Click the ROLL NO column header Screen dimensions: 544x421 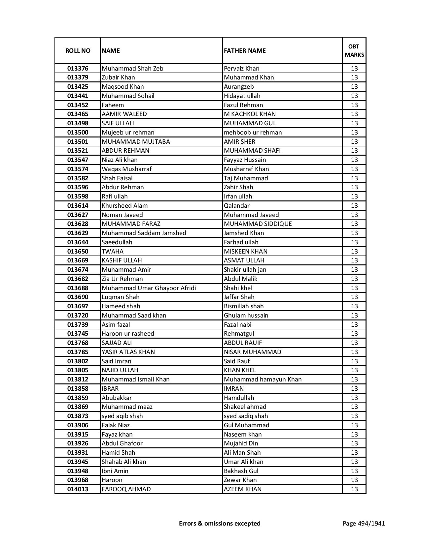(78, 50)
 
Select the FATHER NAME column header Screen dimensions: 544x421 (245, 50)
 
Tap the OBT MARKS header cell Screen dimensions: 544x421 (354, 50)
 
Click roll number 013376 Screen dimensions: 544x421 (78, 69)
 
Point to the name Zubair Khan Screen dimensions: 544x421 (118, 77)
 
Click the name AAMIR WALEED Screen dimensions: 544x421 (124, 114)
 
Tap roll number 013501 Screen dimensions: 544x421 (78, 141)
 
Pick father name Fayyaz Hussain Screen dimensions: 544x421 (245, 160)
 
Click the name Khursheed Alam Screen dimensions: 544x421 (124, 206)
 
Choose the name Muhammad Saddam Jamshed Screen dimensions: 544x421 (144, 233)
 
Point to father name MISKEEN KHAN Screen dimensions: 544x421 (246, 252)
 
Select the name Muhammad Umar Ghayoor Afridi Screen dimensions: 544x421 (149, 288)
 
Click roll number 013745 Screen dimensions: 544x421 (78, 334)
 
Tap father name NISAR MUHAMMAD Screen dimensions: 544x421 (252, 352)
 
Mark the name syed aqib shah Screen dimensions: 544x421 (122, 416)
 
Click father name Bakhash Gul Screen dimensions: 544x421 (241, 471)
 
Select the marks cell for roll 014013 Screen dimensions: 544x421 (354, 489)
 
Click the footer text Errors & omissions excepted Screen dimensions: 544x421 (220, 523)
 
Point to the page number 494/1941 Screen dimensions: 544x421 (364, 523)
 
